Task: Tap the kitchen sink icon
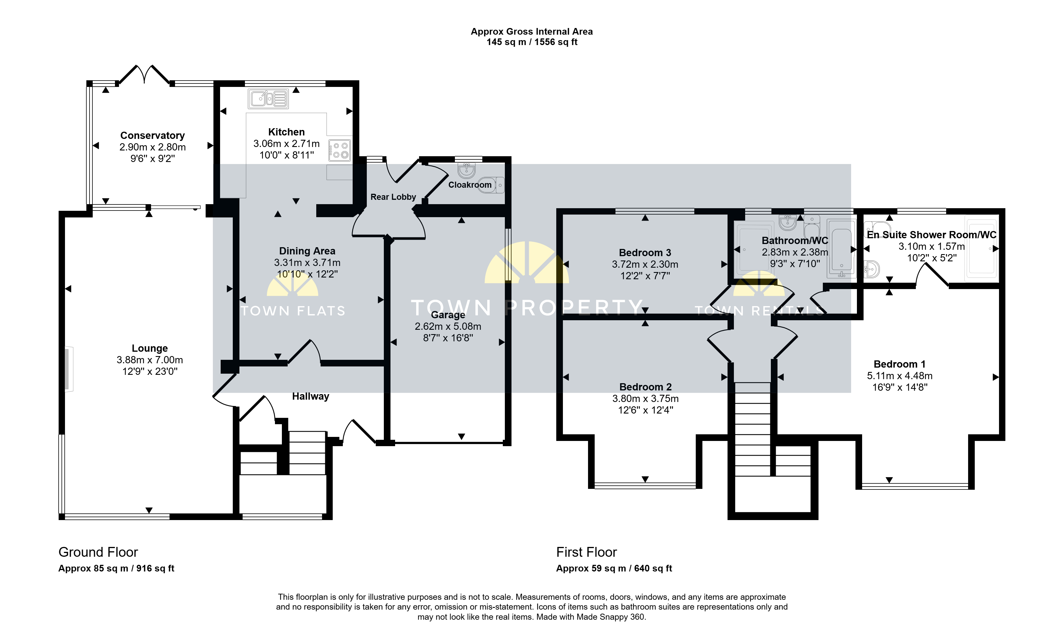268,99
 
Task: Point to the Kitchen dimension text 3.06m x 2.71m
286,144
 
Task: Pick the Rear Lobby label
393,197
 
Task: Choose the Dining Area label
307,251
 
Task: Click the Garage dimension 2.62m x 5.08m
448,327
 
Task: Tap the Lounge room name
149,348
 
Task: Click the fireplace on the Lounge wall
68,369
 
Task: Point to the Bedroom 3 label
645,253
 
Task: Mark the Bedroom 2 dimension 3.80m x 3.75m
645,399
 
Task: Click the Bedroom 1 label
899,364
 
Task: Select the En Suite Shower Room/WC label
931,235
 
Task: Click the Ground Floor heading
98,552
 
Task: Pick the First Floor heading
586,552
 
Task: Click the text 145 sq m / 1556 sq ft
532,42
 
